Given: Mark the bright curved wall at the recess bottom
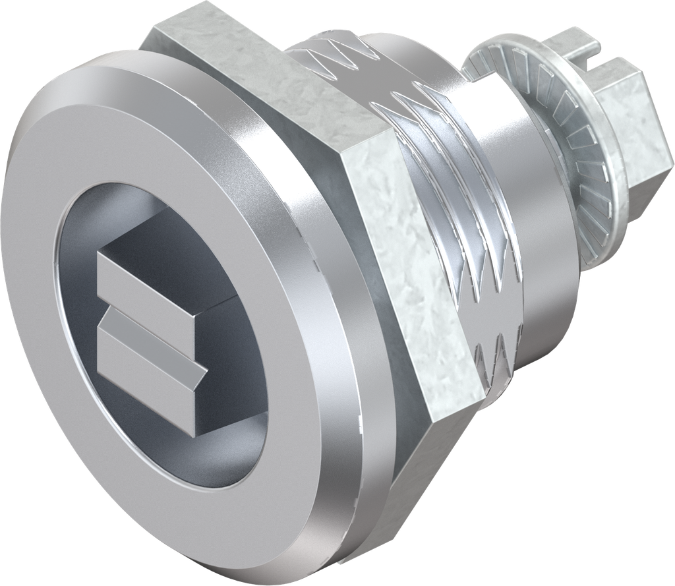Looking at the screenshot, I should click(218, 455).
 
